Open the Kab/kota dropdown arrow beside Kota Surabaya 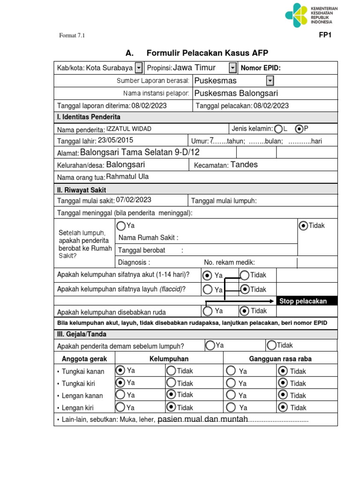point(139,68)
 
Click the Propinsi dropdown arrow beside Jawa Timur point(233,68)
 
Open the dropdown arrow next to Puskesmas point(270,81)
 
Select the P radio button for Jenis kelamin point(299,128)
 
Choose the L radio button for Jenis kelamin point(278,128)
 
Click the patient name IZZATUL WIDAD point(129,129)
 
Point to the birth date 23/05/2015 point(115,140)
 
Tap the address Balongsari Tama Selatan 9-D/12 point(140,152)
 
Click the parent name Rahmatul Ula point(127,177)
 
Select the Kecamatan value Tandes point(244,165)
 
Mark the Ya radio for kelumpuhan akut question point(208,275)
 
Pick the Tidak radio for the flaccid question point(245,289)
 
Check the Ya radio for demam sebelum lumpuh point(210,345)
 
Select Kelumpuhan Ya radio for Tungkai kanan point(120,370)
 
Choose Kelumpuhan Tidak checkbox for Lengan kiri point(171,407)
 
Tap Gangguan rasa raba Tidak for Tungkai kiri point(283,383)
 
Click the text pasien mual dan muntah point(202,419)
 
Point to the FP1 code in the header point(325,35)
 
